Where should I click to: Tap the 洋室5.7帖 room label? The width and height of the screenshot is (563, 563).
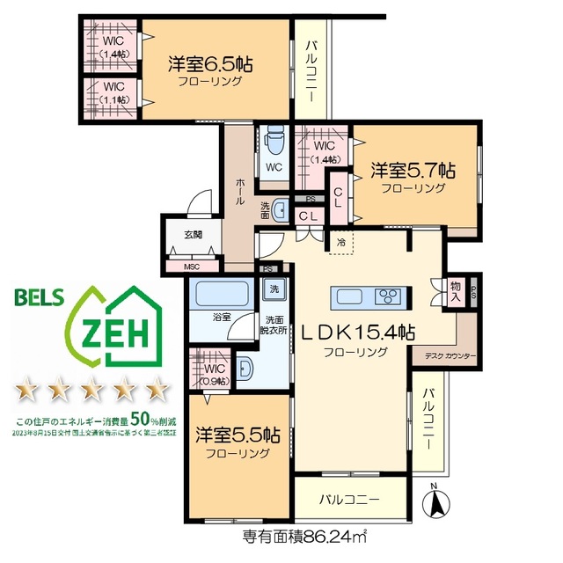click(x=413, y=170)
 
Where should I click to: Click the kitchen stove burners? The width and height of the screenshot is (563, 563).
click(x=388, y=296)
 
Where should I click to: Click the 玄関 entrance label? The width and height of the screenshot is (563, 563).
click(x=193, y=235)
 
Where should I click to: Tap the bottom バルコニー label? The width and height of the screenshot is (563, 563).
click(x=349, y=500)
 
